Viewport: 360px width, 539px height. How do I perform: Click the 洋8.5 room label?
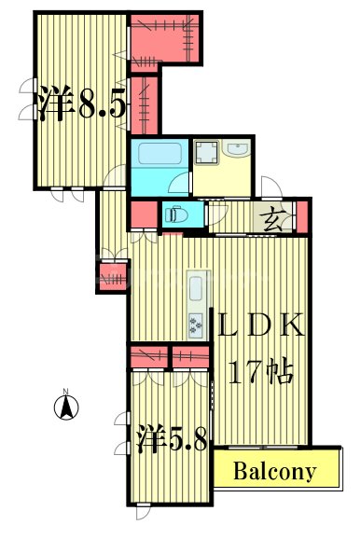[x=82, y=104]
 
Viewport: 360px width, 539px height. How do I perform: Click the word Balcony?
[x=274, y=471]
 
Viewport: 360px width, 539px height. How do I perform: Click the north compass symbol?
[x=67, y=406]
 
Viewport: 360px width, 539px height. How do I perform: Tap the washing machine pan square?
[x=206, y=153]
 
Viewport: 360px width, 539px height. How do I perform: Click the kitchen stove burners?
[x=197, y=325]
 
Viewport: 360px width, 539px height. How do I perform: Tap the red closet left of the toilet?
[x=143, y=214]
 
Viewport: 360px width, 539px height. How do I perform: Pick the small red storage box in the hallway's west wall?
[x=110, y=276]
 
